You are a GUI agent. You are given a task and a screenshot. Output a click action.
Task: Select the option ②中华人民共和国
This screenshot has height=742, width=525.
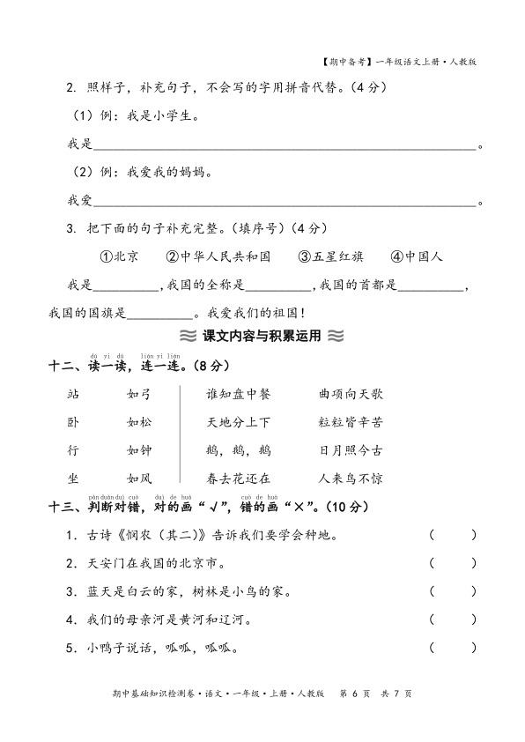[217, 256]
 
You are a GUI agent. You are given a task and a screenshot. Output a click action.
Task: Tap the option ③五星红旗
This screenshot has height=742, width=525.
[330, 256]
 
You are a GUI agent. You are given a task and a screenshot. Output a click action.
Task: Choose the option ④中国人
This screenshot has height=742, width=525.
[417, 256]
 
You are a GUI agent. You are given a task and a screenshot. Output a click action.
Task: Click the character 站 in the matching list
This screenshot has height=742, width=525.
[73, 394]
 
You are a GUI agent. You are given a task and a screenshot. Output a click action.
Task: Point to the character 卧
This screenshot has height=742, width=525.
[73, 422]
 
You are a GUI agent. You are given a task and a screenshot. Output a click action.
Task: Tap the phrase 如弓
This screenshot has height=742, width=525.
[139, 394]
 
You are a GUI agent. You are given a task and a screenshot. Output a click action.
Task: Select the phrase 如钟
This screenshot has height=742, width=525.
[139, 450]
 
